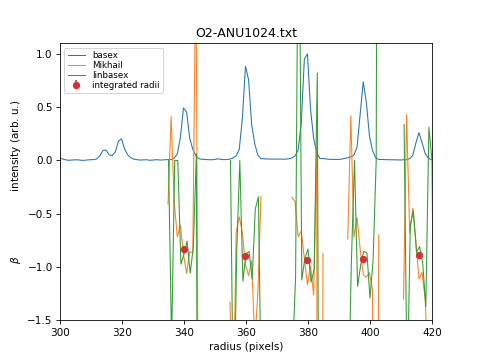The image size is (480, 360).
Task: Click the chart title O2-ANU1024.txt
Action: (246, 33)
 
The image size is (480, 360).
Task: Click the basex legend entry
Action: (105, 54)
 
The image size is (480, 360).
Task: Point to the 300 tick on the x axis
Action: (60, 332)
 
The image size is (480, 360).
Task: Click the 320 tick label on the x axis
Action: (122, 332)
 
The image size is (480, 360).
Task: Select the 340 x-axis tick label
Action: (184, 332)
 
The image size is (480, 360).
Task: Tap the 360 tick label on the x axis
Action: (246, 332)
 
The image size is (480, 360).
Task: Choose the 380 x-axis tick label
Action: (308, 332)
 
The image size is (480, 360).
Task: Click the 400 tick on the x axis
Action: (370, 332)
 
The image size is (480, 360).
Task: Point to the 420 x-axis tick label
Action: (432, 332)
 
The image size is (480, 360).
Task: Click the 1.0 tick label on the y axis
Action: (45, 53)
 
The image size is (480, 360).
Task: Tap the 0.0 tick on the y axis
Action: (45, 160)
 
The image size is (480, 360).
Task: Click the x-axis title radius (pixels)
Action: (246, 347)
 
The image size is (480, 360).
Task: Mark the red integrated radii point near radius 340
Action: (184, 249)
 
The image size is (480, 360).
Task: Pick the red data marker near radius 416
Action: (419, 255)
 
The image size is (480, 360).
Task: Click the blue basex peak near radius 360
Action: (246, 67)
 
